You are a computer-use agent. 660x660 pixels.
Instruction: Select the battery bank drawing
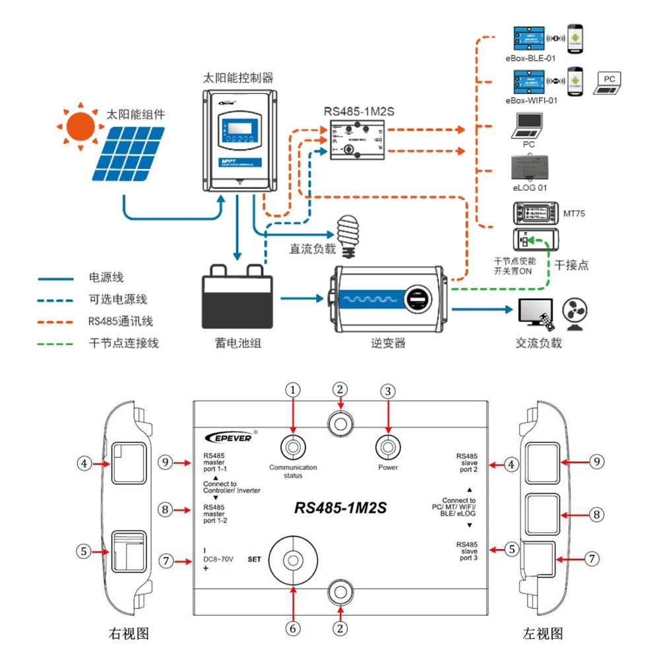pos(237,299)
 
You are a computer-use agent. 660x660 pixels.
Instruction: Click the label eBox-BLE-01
pos(531,58)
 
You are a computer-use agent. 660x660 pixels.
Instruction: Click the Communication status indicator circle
pos(293,446)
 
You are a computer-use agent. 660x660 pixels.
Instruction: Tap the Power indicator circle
pos(388,446)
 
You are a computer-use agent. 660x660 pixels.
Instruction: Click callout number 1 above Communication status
pos(293,391)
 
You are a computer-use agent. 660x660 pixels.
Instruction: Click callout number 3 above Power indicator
pos(388,391)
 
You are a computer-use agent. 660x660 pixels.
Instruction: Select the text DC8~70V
pos(218,559)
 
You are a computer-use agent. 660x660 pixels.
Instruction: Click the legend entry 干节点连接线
pos(123,343)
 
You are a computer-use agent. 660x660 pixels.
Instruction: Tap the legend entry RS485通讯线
pos(120,321)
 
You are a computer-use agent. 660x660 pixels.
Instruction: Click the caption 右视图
pos(129,634)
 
